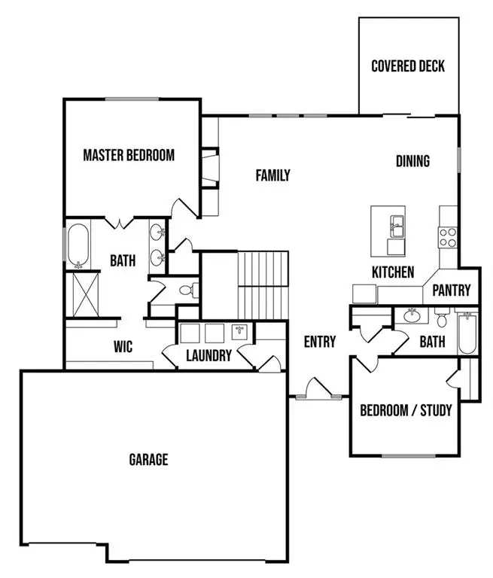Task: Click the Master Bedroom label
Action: click(129, 156)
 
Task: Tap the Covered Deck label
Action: click(408, 66)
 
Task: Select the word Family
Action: click(272, 175)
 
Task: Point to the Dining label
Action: click(412, 161)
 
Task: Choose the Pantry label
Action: click(452, 291)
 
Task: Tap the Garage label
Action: click(148, 459)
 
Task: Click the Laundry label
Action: click(208, 356)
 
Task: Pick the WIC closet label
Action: click(123, 348)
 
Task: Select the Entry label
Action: click(319, 342)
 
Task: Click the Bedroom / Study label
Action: click(406, 411)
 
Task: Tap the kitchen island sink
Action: click(395, 224)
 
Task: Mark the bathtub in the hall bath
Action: click(467, 333)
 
